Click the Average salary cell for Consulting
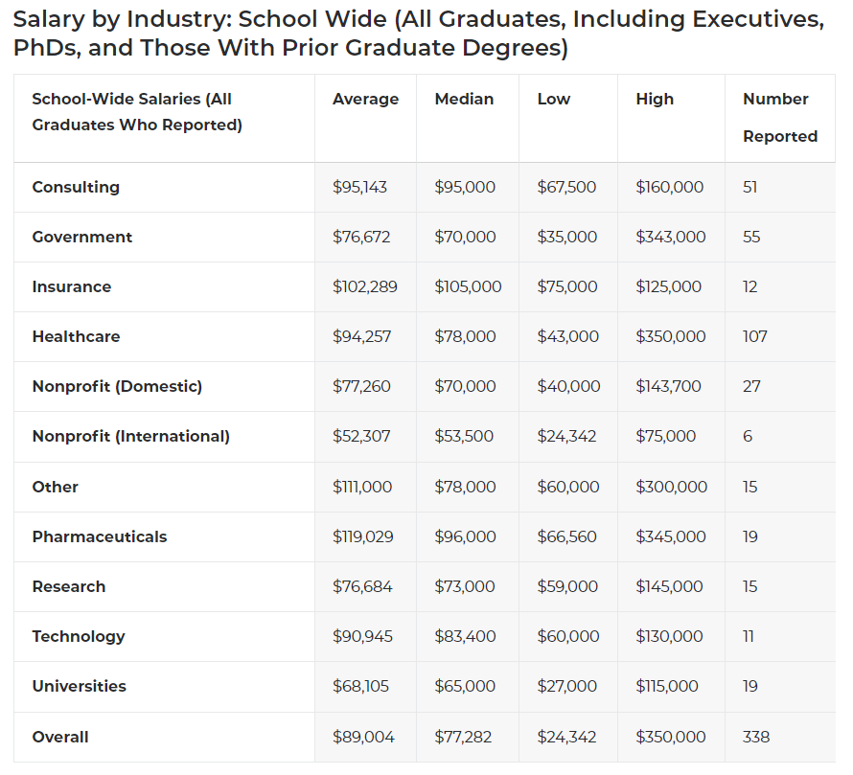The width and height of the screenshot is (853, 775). point(359,187)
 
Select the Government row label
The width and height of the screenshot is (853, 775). point(82,237)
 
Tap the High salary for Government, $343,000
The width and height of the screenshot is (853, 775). point(670,237)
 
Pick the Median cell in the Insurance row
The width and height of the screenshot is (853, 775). point(468,286)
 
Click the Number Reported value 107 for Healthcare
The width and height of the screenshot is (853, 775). point(754,336)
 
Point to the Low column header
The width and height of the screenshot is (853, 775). point(553,99)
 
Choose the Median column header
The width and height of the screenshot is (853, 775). point(464,99)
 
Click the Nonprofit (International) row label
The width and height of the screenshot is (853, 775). point(130,436)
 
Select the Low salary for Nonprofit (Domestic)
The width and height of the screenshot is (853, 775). point(568,386)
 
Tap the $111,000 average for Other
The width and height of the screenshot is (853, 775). point(362,487)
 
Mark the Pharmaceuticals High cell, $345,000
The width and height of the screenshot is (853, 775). point(670,536)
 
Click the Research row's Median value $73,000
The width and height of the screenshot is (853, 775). point(465,586)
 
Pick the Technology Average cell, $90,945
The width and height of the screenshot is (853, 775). point(362,636)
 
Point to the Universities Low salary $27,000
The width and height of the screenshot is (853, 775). point(566,686)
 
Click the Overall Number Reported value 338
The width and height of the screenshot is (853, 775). point(755,737)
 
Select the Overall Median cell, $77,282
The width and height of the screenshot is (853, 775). point(465,737)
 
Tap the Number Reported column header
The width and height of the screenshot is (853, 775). point(779,117)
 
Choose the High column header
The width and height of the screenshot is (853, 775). point(655,99)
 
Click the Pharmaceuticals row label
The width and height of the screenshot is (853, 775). point(100,536)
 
